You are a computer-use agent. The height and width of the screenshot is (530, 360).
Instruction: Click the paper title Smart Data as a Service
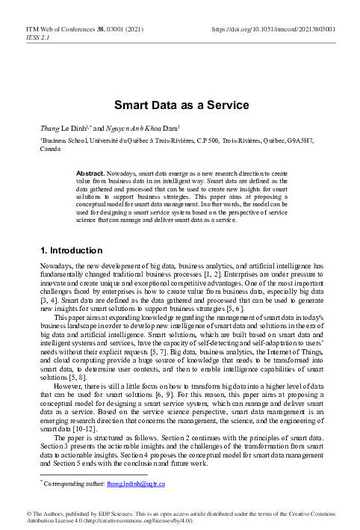click(179, 107)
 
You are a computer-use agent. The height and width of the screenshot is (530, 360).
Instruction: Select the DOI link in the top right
click(283, 29)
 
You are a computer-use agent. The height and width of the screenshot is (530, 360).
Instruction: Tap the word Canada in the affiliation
click(50, 150)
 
